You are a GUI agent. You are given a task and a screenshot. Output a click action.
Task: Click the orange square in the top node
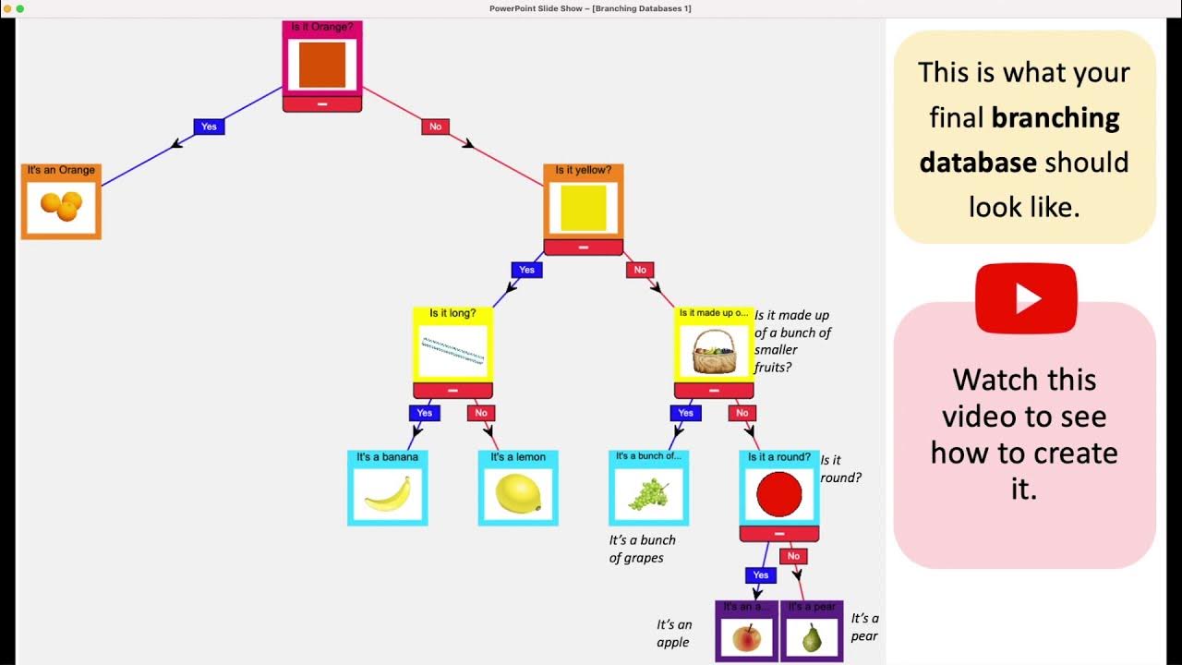[x=322, y=65]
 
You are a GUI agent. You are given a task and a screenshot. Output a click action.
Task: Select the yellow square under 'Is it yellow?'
[x=583, y=208]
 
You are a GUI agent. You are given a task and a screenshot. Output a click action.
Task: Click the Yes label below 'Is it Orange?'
[x=209, y=127]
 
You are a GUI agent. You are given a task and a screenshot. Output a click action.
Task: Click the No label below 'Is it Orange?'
[x=435, y=127]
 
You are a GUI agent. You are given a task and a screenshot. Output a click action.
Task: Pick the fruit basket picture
[x=715, y=350]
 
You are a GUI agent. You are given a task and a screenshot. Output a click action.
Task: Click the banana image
[x=388, y=494]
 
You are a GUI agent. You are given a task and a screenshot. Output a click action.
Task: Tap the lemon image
[x=518, y=494]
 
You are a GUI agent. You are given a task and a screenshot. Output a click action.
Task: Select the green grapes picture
[x=648, y=494]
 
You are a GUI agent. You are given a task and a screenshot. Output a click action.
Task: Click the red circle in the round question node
[x=779, y=494]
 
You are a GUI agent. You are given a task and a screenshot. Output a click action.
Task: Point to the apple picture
[x=746, y=637]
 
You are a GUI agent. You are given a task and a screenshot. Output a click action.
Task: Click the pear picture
[x=812, y=637]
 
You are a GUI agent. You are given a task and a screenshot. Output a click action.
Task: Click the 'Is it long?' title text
[x=452, y=313]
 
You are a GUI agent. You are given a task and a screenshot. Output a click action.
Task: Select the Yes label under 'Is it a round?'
[x=760, y=575]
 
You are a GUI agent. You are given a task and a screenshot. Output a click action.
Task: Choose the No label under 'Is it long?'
[x=481, y=413]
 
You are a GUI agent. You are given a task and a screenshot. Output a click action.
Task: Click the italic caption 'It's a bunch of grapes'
[x=642, y=549]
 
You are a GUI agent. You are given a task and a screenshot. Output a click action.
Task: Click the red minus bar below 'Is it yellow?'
[x=583, y=248]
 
